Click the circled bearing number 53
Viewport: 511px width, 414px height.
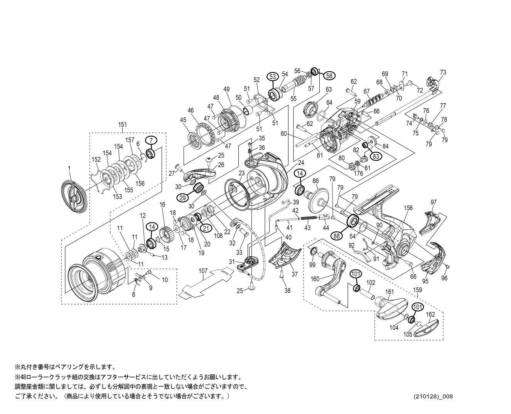point(273,76)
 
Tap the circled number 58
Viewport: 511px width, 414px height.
point(329,76)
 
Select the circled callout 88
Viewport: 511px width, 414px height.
point(337,236)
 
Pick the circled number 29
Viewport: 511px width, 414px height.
point(183,198)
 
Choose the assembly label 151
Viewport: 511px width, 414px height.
point(122,125)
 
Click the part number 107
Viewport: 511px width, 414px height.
point(203,271)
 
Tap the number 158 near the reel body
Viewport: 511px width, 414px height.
point(408,208)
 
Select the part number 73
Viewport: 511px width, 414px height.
point(443,72)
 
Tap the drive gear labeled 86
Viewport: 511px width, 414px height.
point(320,198)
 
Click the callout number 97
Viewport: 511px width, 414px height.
point(434,202)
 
